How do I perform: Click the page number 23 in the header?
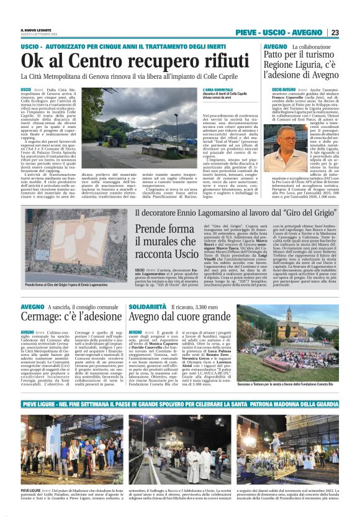pos(335,32)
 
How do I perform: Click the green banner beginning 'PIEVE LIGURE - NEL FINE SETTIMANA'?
pos(180,403)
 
